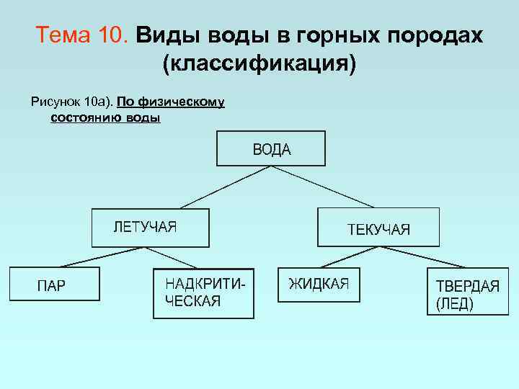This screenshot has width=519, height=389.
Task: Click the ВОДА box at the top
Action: pos(271,148)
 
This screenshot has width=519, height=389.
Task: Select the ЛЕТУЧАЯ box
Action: pos(150,228)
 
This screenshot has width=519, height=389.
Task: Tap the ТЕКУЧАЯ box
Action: pos(378,228)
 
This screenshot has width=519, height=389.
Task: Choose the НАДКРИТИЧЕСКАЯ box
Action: pos(203,293)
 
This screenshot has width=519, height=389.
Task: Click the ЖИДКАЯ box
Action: pos(318,285)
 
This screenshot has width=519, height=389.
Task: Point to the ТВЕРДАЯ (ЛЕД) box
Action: pos(467,292)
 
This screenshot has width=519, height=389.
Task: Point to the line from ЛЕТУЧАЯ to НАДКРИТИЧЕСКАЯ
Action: pos(174,258)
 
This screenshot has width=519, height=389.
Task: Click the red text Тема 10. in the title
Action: pos(81,35)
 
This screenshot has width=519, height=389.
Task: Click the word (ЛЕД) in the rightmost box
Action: pos(455,304)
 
